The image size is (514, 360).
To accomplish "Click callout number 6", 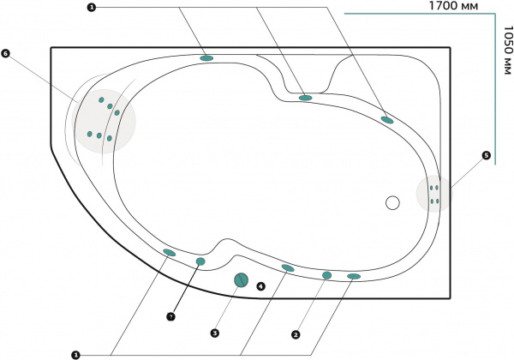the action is (6, 53).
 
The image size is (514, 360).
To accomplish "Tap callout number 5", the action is (486, 155).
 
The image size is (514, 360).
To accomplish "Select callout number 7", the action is (170, 317).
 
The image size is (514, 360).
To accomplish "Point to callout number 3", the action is (214, 333).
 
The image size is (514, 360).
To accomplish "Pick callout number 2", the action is (296, 335).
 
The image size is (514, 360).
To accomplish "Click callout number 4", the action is (260, 286).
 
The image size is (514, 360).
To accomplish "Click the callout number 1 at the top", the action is (92, 7).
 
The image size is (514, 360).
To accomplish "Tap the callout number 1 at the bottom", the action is (76, 355).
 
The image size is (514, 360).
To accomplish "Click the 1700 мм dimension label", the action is (453, 6).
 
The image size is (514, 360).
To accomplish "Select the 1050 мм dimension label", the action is (507, 51).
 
